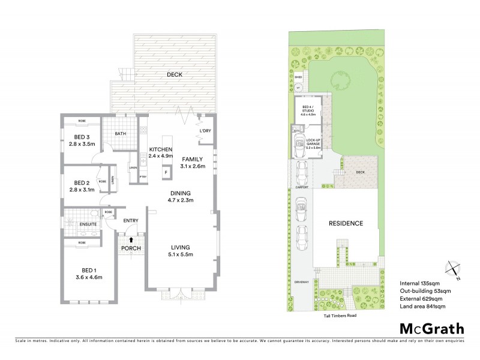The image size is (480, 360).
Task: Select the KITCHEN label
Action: [161, 149]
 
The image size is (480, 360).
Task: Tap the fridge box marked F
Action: [166, 173]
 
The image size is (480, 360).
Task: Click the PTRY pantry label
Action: [143, 177]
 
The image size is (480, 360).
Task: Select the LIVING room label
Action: [180, 247]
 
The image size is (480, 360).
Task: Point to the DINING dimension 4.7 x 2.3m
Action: [180, 200]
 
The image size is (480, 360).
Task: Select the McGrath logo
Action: [432, 328]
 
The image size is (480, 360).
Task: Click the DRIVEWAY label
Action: [301, 281]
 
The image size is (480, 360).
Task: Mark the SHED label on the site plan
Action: [298, 77]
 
